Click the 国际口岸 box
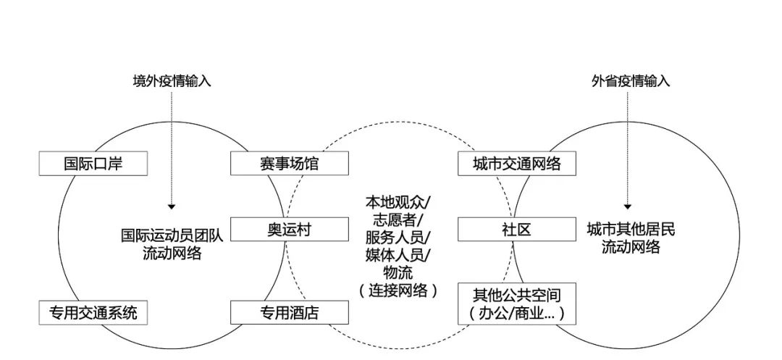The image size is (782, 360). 93,164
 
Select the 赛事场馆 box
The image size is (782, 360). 289,164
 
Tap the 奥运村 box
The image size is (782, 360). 289,230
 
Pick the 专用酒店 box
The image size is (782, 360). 289,313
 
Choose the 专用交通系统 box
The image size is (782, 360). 93,313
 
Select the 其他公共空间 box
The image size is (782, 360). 516,304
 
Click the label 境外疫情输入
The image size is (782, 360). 172,81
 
